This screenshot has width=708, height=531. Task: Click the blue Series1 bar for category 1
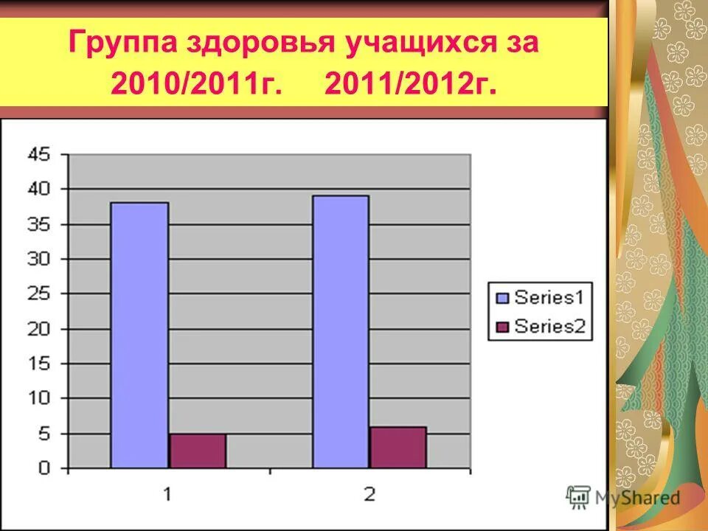(x=139, y=335)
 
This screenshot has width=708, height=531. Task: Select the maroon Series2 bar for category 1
(x=197, y=451)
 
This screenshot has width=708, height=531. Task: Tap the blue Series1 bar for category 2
(x=340, y=331)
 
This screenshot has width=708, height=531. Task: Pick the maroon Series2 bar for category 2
(x=398, y=448)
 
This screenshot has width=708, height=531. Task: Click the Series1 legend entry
(x=541, y=298)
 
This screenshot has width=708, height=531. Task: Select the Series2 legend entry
(x=541, y=327)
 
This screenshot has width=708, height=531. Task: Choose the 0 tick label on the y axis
(x=44, y=468)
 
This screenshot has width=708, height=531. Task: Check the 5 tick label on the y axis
(x=44, y=433)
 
